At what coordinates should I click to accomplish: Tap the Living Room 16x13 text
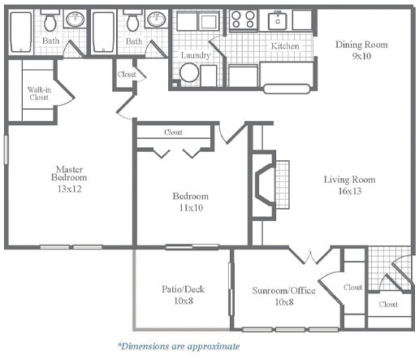click(349, 185)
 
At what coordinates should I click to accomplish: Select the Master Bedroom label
click(69, 174)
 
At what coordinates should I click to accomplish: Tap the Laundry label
click(196, 55)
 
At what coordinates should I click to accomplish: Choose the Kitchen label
click(285, 46)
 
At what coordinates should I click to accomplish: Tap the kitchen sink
click(279, 20)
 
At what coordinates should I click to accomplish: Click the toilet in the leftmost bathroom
click(50, 23)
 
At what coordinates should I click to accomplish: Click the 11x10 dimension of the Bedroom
click(190, 208)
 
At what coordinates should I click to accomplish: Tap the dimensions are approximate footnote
click(178, 346)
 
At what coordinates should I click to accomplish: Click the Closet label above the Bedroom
click(173, 132)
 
